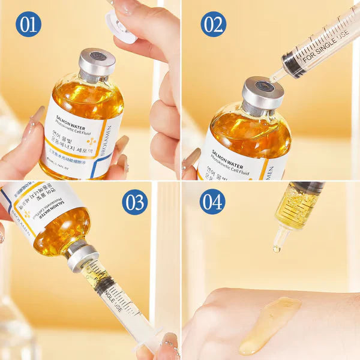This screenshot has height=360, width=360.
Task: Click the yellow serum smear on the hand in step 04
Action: tap(270, 324)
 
